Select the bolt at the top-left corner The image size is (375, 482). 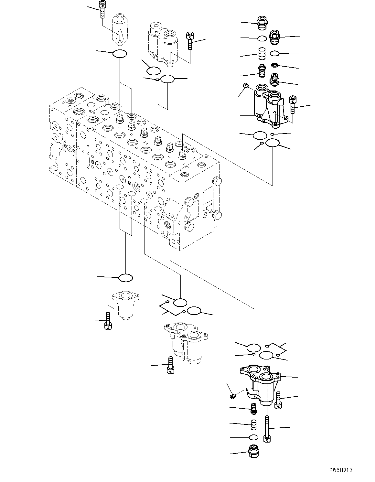coord(102,10)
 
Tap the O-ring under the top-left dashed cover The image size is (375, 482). coord(119,54)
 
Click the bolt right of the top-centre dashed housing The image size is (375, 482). coord(190,40)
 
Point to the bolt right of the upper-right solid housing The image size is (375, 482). coord(293,104)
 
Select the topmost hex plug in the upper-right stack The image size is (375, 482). coord(261,21)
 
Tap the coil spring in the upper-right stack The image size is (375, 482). coord(262,53)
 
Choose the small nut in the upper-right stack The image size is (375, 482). coord(275,65)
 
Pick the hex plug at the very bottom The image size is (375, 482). coord(253,451)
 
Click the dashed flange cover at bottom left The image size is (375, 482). coord(125,305)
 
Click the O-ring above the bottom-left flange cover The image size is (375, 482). coord(126,277)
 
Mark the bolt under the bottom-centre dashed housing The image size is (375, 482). coord(170,365)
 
